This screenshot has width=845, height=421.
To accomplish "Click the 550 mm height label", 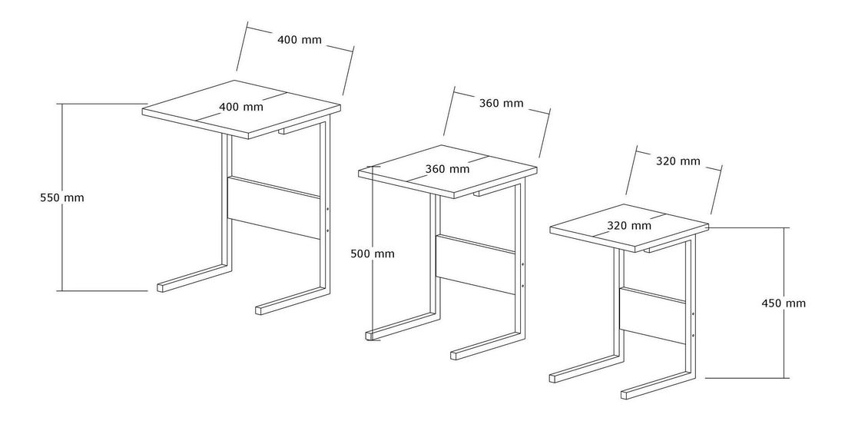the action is pos(62,198).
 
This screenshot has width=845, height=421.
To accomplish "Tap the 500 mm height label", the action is pos(373,254).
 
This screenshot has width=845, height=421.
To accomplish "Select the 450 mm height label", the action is pos(784,303).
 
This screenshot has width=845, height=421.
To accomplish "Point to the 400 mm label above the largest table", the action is pos(300,39).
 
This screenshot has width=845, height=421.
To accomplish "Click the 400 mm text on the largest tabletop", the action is pos(241,107).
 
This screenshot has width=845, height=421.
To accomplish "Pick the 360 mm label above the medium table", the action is pos(501,103).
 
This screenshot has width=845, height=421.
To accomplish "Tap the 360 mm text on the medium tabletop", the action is pos(447,169).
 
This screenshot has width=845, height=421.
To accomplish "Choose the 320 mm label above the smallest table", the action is pos(678,161).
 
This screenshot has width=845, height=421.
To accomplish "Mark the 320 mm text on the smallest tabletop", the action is pos(629,225).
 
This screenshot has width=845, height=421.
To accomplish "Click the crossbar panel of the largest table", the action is pos(273,207).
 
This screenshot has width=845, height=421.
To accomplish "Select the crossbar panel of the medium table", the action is pos(476,265).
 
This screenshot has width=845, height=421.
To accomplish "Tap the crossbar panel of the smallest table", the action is pos(652,316).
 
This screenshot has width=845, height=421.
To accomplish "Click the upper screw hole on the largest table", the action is pos(327,208).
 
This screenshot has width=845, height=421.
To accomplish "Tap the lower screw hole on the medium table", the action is pos(522,284).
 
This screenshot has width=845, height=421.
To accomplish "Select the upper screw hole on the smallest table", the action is pos(692,313).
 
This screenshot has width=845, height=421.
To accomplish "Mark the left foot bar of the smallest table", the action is pos(584,369).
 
